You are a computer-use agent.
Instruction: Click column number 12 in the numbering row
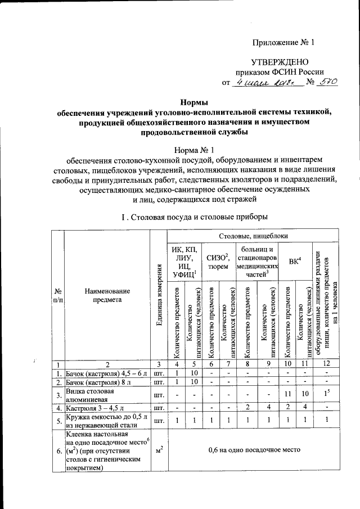(327, 363)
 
